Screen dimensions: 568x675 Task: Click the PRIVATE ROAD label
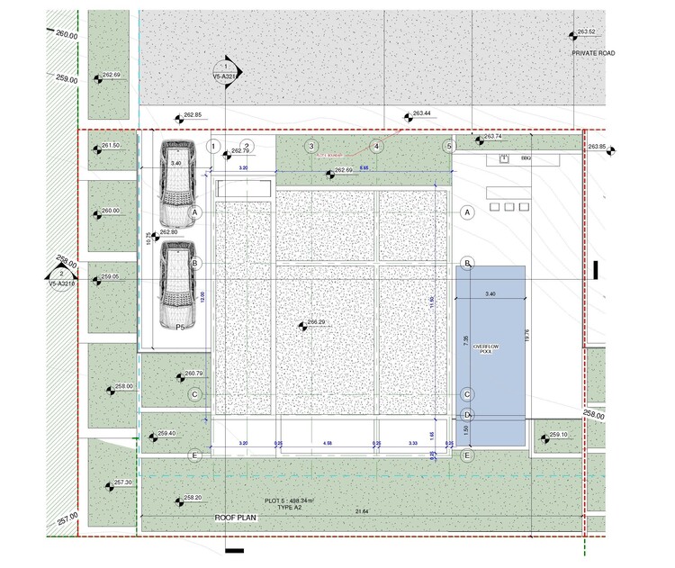[593, 53]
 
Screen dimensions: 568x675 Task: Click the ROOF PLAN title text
[237, 518]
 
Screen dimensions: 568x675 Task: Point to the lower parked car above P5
[176, 284]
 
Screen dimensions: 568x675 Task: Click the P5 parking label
[180, 328]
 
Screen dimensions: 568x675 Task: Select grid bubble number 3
[310, 146]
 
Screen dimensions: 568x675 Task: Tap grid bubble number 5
[448, 146]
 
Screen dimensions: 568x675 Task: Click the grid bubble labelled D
[467, 415]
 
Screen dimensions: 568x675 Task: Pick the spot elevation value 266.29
[316, 321]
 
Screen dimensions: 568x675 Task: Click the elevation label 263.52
[586, 32]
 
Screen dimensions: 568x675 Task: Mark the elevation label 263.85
[597, 145]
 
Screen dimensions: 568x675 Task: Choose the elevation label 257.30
[122, 482]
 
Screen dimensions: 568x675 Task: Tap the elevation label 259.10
[558, 435]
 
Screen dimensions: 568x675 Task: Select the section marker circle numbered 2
[60, 272]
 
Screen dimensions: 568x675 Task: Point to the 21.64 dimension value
[361, 511]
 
